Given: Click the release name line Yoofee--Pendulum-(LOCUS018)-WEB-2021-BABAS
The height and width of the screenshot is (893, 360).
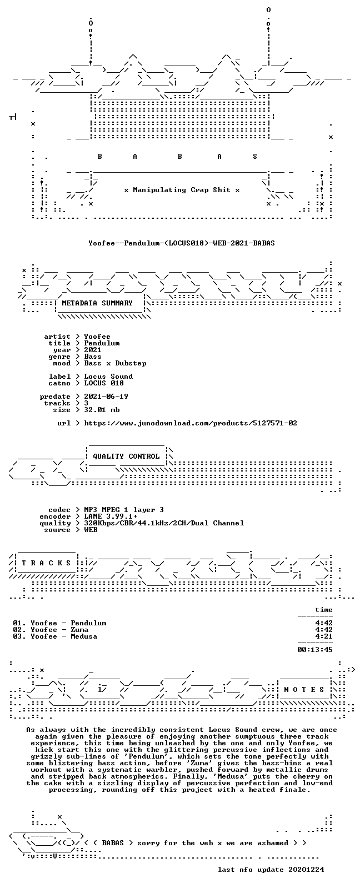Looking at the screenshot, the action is pyautogui.click(x=182, y=243).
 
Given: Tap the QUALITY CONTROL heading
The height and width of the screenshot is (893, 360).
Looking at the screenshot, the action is pyautogui.click(x=126, y=456).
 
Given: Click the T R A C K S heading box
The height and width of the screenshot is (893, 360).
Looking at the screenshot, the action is pyautogui.click(x=46, y=563).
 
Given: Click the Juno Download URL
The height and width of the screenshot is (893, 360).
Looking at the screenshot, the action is pyautogui.click(x=191, y=423).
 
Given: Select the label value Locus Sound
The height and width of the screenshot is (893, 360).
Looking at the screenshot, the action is pyautogui.click(x=108, y=377).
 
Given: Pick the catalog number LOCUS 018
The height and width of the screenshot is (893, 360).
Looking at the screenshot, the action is pyautogui.click(x=104, y=383).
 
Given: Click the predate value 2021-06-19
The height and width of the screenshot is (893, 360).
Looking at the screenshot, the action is pyautogui.click(x=106, y=397).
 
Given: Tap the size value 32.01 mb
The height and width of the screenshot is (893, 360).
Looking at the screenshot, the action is pyautogui.click(x=102, y=410).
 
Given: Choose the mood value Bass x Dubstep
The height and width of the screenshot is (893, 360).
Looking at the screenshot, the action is pyautogui.click(x=115, y=363).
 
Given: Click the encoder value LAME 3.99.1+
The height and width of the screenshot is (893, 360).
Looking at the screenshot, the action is pyautogui.click(x=111, y=516).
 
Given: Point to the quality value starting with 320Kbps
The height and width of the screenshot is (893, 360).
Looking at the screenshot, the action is pyautogui.click(x=164, y=523).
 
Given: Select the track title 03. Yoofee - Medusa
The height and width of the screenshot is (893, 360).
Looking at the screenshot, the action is pyautogui.click(x=55, y=636).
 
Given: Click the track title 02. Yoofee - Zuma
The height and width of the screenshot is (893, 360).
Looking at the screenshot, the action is pyautogui.click(x=51, y=630).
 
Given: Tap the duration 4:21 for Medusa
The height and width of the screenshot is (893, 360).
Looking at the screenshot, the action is pyautogui.click(x=324, y=636).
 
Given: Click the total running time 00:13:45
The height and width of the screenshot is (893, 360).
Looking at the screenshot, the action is pyautogui.click(x=315, y=649).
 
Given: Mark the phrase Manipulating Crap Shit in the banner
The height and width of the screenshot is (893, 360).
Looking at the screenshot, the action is pyautogui.click(x=182, y=190).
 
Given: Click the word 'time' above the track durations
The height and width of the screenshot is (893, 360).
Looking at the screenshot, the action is pyautogui.click(x=324, y=610).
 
